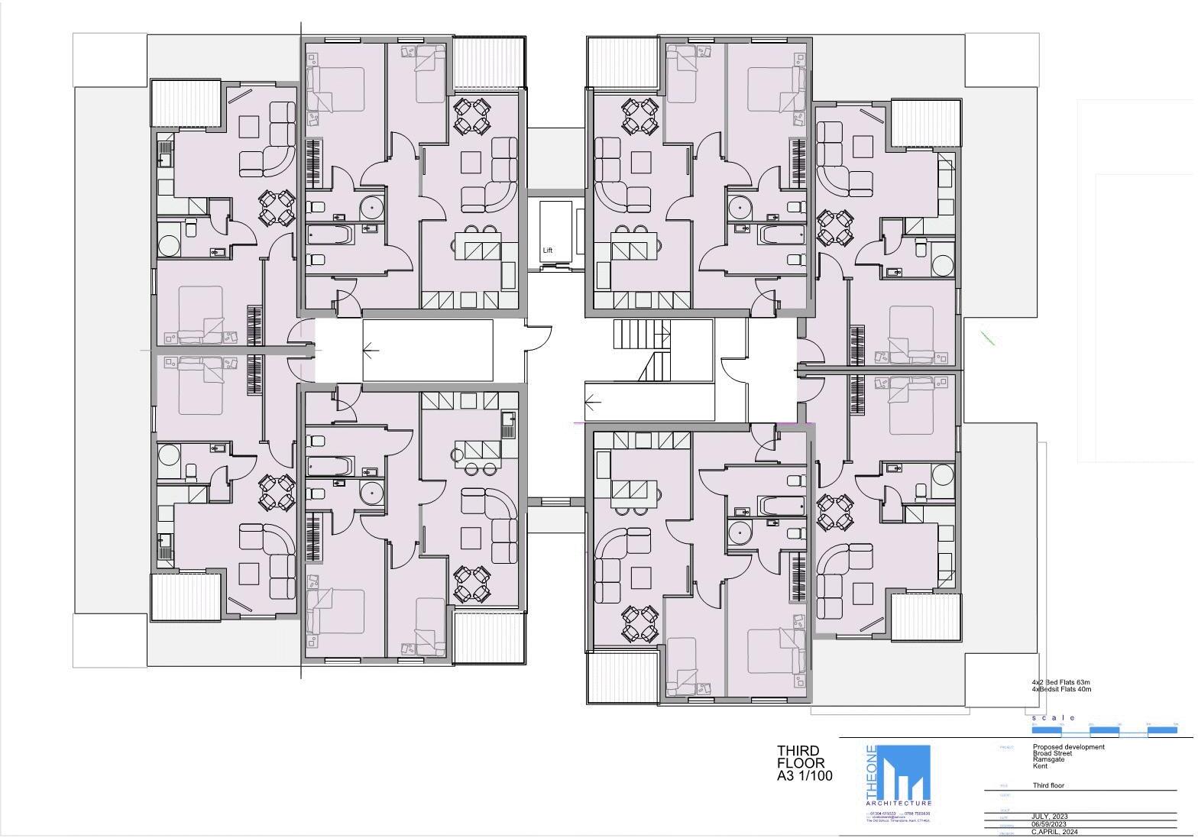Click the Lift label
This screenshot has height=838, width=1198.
(547, 251)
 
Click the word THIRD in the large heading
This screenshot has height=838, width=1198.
(798, 751)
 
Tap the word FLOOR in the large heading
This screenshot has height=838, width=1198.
(801, 763)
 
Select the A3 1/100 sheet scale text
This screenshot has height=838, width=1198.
(805, 776)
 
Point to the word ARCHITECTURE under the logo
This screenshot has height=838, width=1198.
(898, 804)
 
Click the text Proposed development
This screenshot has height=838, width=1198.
(1068, 747)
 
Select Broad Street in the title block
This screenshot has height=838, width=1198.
(1052, 753)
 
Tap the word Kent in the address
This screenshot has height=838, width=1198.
(1040, 765)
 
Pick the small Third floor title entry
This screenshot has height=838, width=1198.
(1048, 785)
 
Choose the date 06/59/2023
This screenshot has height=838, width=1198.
(1048, 824)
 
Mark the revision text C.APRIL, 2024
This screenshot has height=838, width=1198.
(1054, 832)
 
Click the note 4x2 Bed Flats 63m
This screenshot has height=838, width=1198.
(1060, 682)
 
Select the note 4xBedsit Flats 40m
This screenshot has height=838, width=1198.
(1061, 689)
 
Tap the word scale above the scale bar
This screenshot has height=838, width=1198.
(1053, 718)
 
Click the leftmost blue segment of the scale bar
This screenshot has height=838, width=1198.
(1046, 731)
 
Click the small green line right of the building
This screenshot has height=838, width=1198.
(987, 337)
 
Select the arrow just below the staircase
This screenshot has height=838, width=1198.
(592, 401)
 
